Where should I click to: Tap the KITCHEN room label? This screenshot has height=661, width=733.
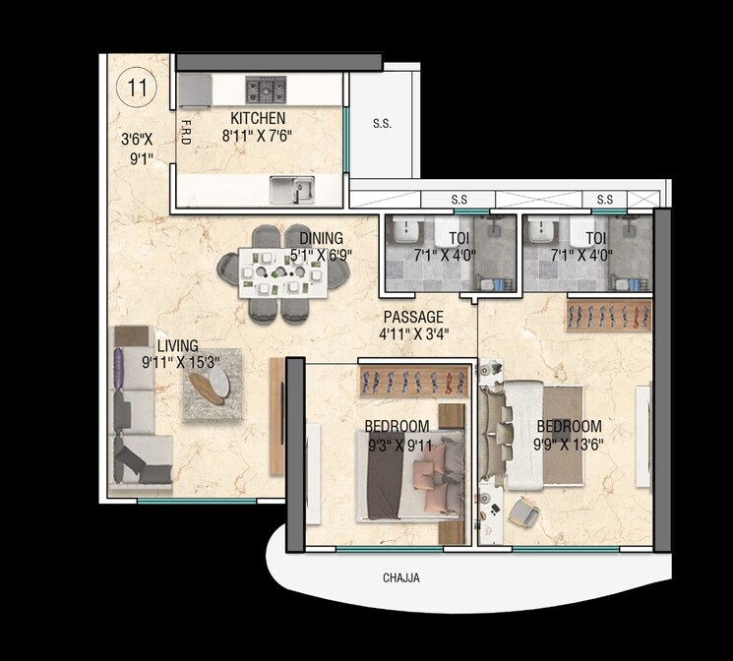tap(258, 118)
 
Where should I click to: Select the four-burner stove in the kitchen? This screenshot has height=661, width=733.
tap(266, 90)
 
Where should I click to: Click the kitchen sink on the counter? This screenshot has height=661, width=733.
tap(292, 188)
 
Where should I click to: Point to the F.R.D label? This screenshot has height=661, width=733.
tap(184, 132)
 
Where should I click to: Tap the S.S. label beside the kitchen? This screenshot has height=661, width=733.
tap(382, 125)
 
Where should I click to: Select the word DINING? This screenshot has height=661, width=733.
tap(321, 238)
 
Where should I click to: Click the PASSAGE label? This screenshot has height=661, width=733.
tap(413, 317)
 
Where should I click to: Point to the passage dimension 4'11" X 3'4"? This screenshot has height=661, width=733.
tap(413, 334)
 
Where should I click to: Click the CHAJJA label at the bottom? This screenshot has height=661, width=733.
tap(401, 578)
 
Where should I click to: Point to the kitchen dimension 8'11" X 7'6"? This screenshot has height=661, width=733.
tap(258, 136)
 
